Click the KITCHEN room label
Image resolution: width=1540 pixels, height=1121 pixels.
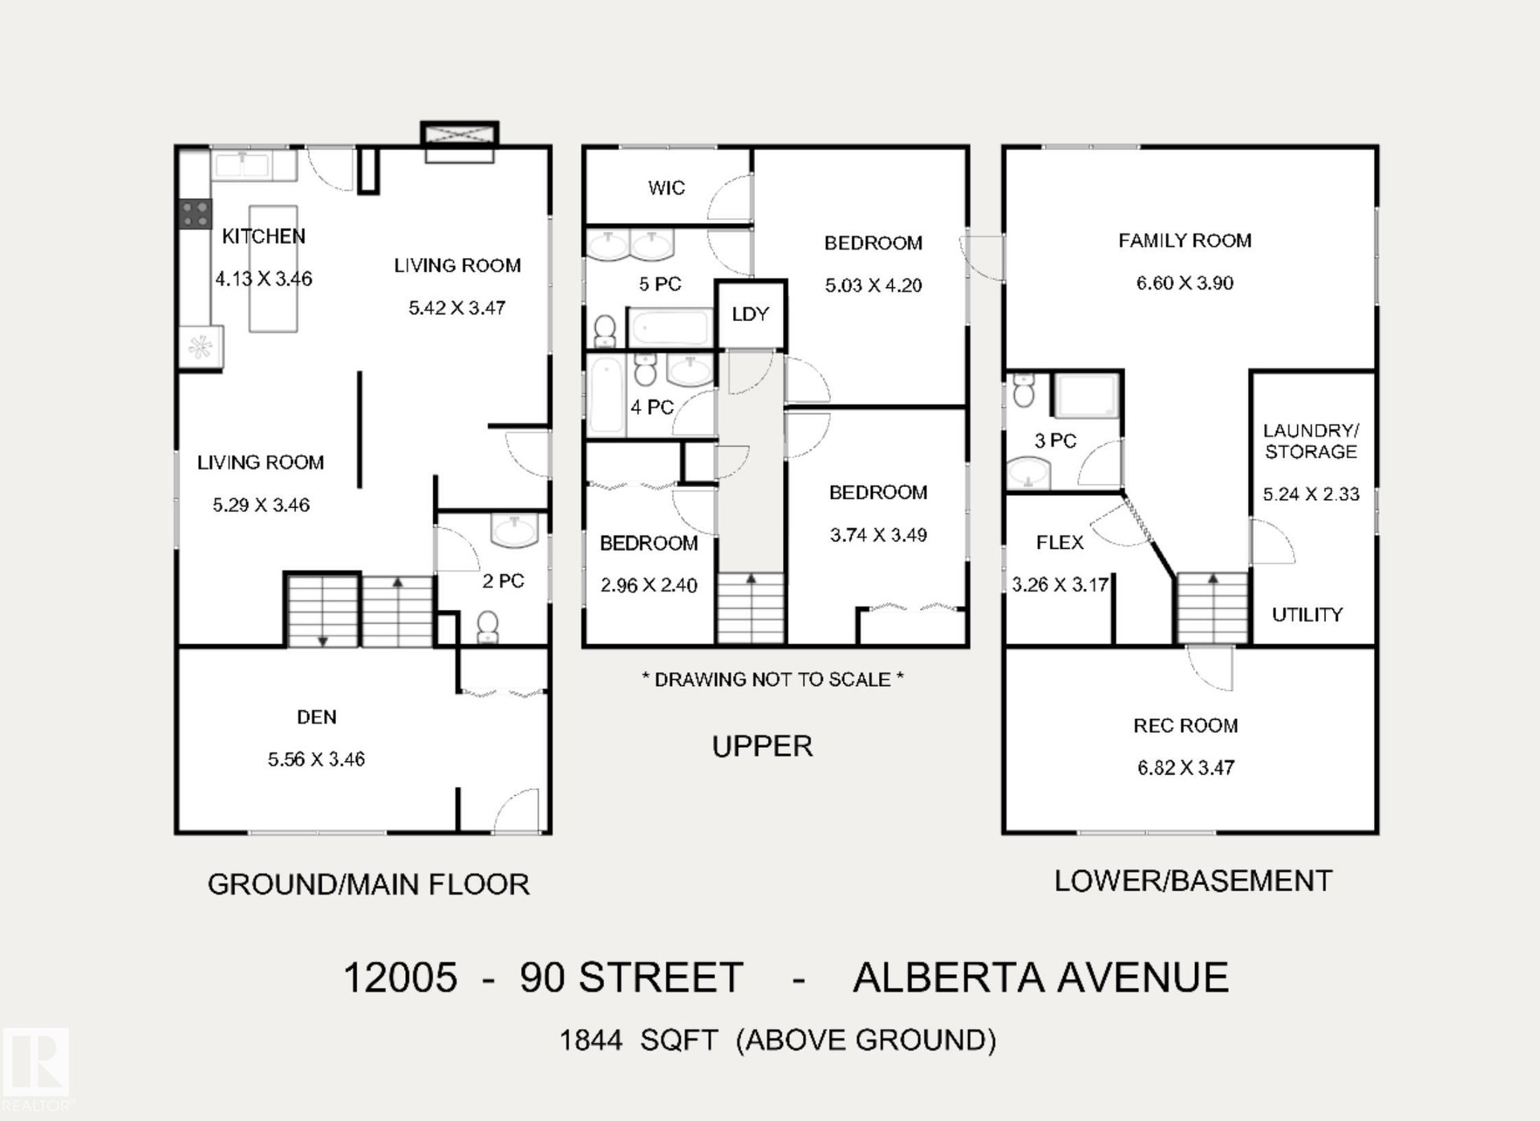(263, 236)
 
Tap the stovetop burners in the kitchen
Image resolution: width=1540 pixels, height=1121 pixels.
(195, 214)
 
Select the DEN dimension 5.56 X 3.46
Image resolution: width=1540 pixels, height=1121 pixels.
(316, 759)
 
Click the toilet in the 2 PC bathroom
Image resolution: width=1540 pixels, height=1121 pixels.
(488, 627)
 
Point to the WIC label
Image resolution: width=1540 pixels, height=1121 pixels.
(667, 188)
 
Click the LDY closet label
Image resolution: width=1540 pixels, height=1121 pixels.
(750, 314)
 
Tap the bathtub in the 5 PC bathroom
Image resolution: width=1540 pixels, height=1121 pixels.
(670, 328)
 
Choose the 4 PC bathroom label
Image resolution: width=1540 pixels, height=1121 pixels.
(651, 407)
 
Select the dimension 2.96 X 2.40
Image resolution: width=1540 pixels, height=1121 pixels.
(649, 585)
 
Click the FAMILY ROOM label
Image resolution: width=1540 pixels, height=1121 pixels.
(1185, 240)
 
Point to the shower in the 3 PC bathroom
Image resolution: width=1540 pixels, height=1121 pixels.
(1085, 395)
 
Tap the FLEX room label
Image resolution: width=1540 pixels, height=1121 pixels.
(1060, 542)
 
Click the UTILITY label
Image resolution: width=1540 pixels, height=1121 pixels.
(1307, 615)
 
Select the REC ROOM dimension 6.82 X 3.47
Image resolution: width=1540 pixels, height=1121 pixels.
(1185, 768)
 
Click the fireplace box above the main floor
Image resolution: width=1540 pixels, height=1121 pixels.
(460, 142)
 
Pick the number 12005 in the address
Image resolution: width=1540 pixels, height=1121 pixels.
(400, 977)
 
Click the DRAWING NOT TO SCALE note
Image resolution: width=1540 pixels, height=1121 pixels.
(773, 680)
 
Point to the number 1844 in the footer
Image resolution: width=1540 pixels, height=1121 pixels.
(591, 1040)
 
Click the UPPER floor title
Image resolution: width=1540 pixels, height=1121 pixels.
(762, 746)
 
